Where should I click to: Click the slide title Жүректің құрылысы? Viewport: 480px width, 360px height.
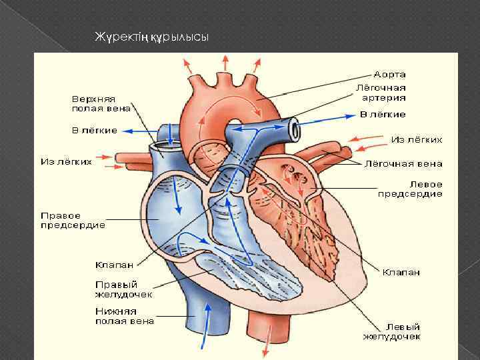153,37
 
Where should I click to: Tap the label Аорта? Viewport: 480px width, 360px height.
389,74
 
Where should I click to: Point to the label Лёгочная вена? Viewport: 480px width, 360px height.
403,163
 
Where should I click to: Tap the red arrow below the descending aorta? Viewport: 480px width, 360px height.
267,348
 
